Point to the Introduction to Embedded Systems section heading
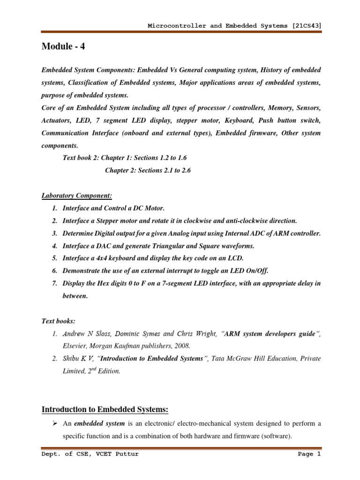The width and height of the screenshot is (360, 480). click(105, 410)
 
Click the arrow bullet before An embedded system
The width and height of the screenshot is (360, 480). click(54, 424)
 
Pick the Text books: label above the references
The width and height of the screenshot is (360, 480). click(59, 321)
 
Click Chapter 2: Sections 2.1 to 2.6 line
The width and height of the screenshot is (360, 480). click(148, 170)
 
